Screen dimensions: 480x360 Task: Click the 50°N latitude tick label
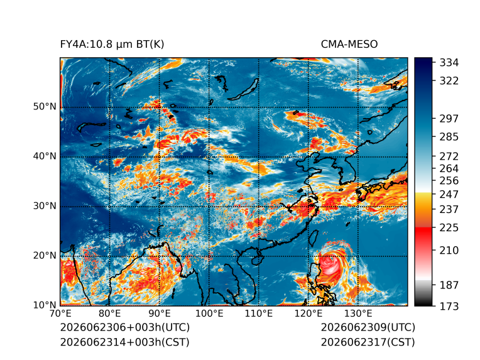click(x=45, y=107)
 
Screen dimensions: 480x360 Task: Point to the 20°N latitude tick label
click(x=45, y=255)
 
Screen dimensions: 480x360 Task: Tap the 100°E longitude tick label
click(x=209, y=314)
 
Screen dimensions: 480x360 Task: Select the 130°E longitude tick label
click(x=358, y=314)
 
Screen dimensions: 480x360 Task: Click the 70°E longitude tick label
click(x=60, y=314)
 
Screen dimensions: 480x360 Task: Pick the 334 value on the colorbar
click(x=449, y=63)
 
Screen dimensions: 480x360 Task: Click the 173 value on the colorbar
click(x=449, y=306)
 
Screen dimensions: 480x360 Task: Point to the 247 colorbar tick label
click(x=449, y=194)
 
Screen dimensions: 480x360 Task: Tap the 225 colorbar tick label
click(x=449, y=228)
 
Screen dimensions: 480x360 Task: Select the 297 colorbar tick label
click(x=449, y=119)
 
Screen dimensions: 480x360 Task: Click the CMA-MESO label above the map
click(x=349, y=45)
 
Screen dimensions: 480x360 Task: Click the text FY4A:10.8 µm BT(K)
click(x=112, y=45)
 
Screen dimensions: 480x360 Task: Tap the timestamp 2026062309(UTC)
click(x=368, y=327)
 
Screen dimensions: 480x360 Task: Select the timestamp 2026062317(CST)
click(x=368, y=342)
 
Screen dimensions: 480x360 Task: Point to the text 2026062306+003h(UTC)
click(x=125, y=327)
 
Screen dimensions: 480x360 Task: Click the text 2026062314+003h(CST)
click(x=125, y=342)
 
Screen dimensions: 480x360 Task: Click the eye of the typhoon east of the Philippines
click(x=330, y=263)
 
